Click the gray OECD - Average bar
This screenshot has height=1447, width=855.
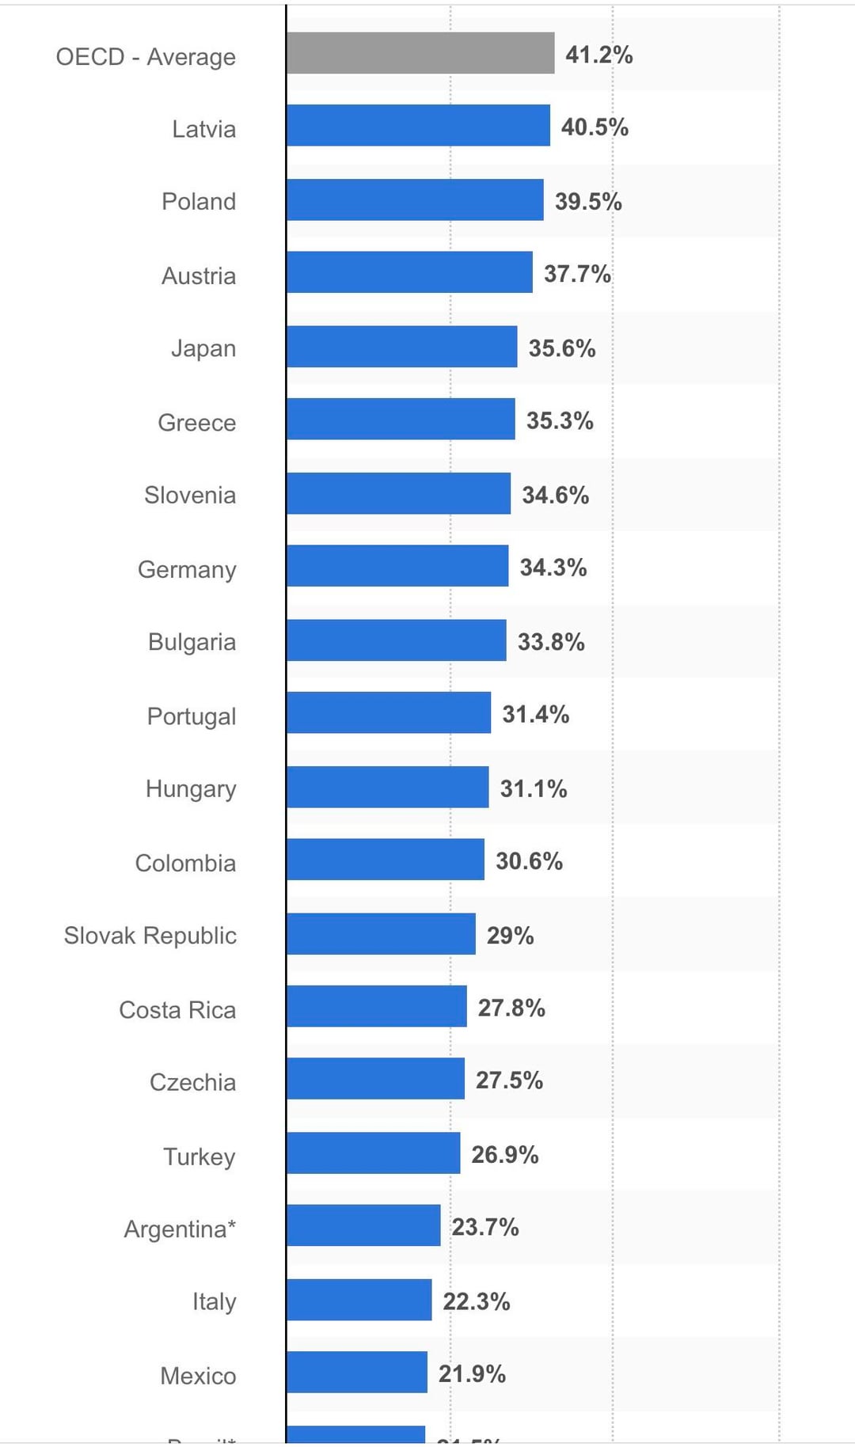tap(420, 53)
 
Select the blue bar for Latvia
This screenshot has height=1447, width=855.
tap(418, 125)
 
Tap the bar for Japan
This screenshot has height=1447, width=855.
tap(401, 347)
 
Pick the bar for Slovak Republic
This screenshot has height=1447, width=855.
tap(381, 934)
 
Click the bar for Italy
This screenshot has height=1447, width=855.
tap(359, 1300)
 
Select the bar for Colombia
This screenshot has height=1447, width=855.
tap(385, 860)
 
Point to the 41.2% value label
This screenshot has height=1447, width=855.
tap(598, 55)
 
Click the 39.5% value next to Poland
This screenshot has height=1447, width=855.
tap(588, 201)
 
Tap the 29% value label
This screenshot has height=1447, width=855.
tap(510, 936)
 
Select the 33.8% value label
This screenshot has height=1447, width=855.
tap(551, 641)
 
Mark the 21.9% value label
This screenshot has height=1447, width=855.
tap(472, 1373)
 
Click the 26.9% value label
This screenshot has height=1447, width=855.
tap(505, 1154)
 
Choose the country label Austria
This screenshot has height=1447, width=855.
tap(199, 275)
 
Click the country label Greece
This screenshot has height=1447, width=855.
tap(196, 423)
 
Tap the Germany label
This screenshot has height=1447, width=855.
tap(187, 570)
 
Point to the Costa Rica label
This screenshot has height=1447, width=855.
tap(177, 1010)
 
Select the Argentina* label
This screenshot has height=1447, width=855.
tap(180, 1229)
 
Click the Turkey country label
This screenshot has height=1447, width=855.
tap(199, 1156)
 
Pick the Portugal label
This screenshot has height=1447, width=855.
tap(192, 716)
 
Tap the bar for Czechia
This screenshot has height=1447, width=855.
tap(375, 1078)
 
